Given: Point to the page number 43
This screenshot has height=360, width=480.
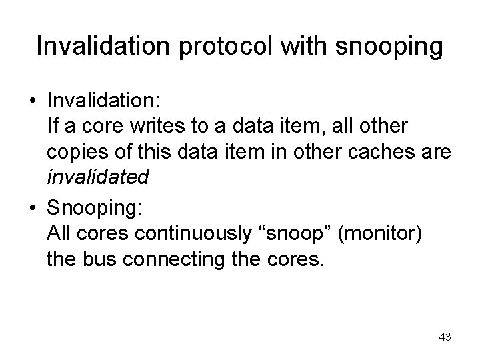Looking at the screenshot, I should tap(445, 337).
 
